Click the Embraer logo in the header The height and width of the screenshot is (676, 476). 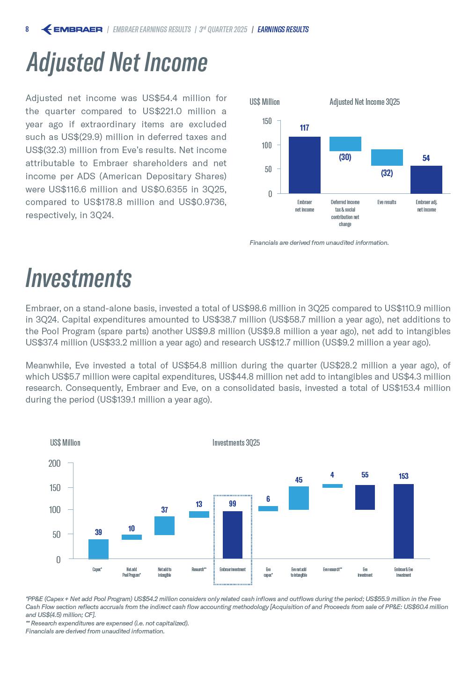(x=72, y=29)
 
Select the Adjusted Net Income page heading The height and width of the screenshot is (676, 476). (x=117, y=62)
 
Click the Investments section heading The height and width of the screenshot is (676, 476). (x=79, y=278)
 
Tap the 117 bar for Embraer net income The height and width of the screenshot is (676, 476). (x=304, y=165)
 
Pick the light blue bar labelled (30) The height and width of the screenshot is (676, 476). (x=345, y=144)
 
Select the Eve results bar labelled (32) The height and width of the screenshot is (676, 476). (x=387, y=157)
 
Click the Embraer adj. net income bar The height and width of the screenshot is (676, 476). (x=426, y=179)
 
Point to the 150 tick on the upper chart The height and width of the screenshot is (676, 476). (x=266, y=121)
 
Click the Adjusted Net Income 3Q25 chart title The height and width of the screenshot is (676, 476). (x=364, y=102)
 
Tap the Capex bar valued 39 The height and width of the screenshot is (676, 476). (x=98, y=549)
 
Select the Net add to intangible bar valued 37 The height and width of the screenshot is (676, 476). (x=164, y=525)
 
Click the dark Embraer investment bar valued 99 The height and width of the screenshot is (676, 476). (x=233, y=535)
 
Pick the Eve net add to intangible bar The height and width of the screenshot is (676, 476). (x=299, y=498)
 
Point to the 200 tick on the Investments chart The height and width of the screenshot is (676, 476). (x=55, y=463)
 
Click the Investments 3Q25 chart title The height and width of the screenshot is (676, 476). (x=236, y=442)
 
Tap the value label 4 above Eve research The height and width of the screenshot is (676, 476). (x=332, y=475)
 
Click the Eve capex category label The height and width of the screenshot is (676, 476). (x=268, y=572)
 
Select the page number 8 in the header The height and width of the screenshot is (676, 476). (x=27, y=29)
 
